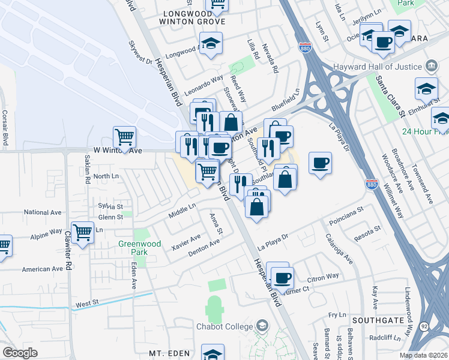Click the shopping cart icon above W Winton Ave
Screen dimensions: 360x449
124,137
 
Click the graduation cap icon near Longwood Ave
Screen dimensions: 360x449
211,43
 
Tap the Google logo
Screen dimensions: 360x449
20,353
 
